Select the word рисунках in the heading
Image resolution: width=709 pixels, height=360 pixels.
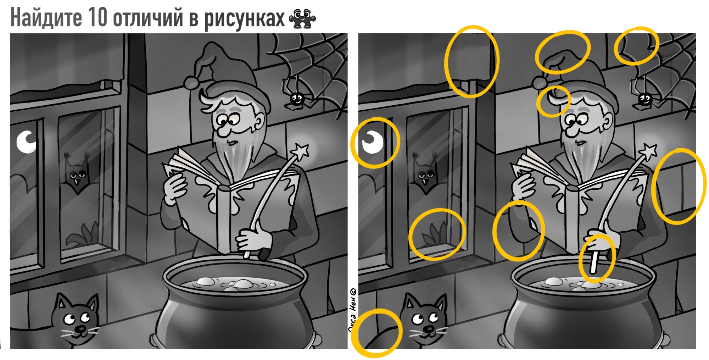pyautogui.click(x=244, y=18)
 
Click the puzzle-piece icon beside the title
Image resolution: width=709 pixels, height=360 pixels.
pyautogui.click(x=302, y=18)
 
